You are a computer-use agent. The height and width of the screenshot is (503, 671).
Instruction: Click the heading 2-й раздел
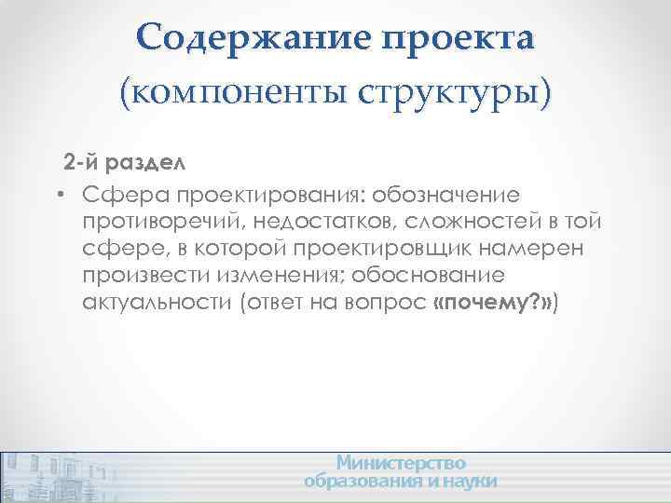pyautogui.click(x=124, y=162)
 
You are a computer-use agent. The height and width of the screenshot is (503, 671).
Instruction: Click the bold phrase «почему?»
pyautogui.click(x=493, y=305)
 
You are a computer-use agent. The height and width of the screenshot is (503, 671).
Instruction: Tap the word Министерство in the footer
pyautogui.click(x=402, y=463)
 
